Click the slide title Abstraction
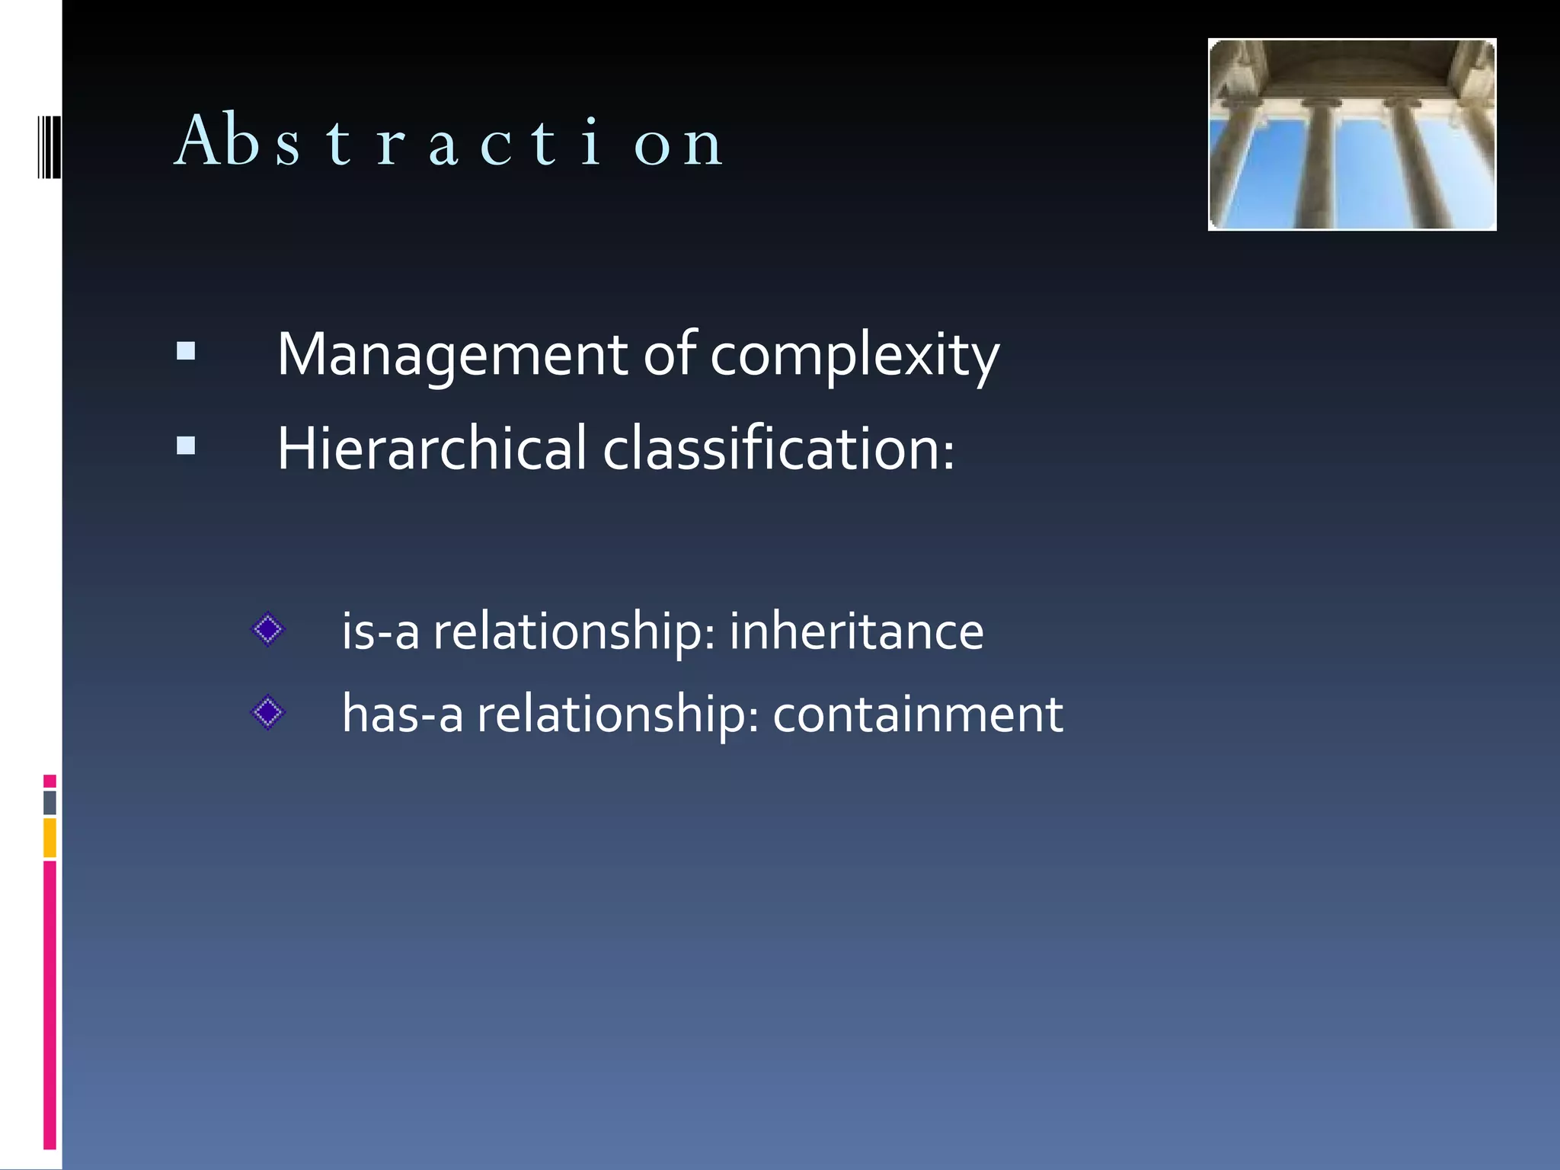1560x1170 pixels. pyautogui.click(x=449, y=142)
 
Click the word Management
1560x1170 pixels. pyautogui.click(x=451, y=355)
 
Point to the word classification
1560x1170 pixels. pyautogui.click(x=778, y=449)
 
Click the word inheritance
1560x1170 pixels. pyautogui.click(x=856, y=631)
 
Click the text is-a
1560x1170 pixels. pyautogui.click(x=380, y=631)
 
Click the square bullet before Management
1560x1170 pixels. pyautogui.click(x=186, y=351)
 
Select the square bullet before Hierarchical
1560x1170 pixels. pyautogui.click(x=186, y=445)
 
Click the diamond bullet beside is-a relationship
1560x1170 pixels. pyautogui.click(x=267, y=630)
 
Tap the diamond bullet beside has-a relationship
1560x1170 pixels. pyautogui.click(x=267, y=713)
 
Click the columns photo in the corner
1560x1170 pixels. pyautogui.click(x=1351, y=135)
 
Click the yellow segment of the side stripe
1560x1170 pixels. pyautogui.click(x=50, y=837)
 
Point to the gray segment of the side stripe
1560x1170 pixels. pyautogui.click(x=50, y=803)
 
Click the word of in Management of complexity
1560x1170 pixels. pyautogui.click(x=670, y=355)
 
